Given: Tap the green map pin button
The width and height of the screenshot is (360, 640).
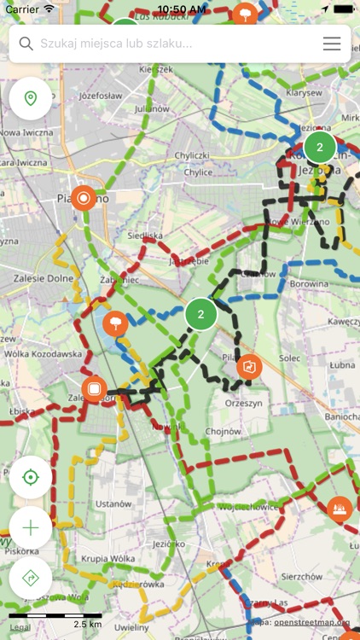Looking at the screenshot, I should click(31, 99).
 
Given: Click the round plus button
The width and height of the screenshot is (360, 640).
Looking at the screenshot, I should click(31, 527).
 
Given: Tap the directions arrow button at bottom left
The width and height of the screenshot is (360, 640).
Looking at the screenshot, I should click(31, 578).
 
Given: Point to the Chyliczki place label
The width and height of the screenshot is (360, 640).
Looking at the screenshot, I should click(192, 154).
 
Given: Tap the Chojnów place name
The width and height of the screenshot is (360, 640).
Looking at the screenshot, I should click(223, 431).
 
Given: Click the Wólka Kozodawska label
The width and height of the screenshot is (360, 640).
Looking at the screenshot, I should click(42, 352).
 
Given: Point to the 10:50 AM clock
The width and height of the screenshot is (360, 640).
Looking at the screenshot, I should click(180, 9).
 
